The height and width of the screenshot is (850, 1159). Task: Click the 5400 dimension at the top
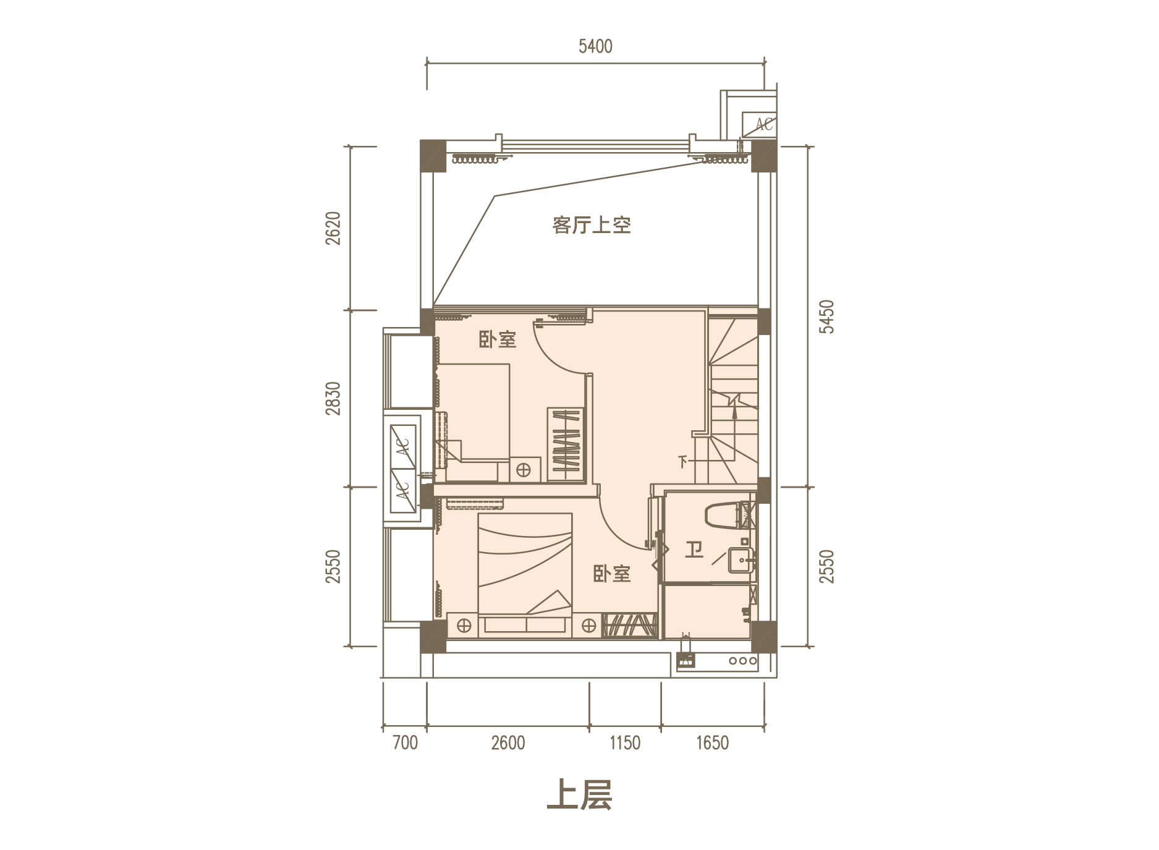click(595, 46)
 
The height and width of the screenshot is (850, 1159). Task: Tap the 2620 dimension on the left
click(333, 228)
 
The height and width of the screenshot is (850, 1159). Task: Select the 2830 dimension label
click(333, 399)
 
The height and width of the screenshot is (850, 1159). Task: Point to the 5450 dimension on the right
click(826, 317)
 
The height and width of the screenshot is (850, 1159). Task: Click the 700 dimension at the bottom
click(405, 742)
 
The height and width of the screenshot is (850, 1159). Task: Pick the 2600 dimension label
click(508, 742)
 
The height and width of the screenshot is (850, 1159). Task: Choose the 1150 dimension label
click(625, 742)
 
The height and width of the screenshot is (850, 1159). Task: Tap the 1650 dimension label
click(713, 742)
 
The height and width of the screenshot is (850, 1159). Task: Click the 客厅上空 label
click(592, 226)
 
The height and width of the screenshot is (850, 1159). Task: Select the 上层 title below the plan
click(579, 796)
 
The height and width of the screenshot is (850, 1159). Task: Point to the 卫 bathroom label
click(694, 549)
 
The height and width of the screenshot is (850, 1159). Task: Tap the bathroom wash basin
click(740, 560)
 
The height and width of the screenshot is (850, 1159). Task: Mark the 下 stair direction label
click(683, 461)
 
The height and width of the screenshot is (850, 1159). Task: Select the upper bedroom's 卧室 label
click(498, 339)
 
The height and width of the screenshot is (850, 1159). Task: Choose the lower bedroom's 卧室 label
click(611, 574)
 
